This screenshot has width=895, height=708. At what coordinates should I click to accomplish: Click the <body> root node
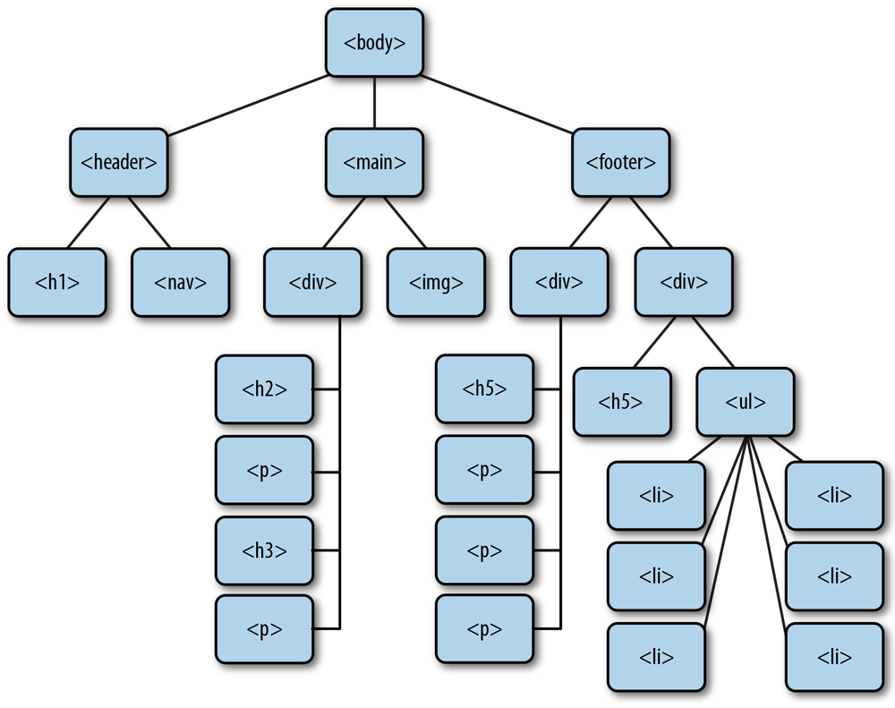374,42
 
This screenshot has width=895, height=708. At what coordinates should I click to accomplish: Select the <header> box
119,163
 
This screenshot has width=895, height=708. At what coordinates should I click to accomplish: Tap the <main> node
374,163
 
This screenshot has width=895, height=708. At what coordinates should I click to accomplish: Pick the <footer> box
620,163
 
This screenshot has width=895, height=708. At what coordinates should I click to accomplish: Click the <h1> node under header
57,283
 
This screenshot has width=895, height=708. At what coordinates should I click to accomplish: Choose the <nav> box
181,283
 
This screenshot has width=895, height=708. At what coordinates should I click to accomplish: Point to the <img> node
436,283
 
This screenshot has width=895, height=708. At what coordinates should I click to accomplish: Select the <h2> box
264,389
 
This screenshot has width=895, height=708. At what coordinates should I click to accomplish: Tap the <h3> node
264,550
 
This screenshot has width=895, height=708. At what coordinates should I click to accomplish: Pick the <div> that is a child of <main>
313,283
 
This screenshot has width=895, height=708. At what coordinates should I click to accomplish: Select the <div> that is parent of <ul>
684,283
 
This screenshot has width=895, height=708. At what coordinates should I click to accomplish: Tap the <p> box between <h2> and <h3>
264,470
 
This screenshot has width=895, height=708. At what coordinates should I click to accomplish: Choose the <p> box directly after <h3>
264,629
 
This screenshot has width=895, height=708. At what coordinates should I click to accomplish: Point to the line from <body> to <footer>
498,104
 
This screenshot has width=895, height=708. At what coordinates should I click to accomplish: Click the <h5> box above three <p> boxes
484,389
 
